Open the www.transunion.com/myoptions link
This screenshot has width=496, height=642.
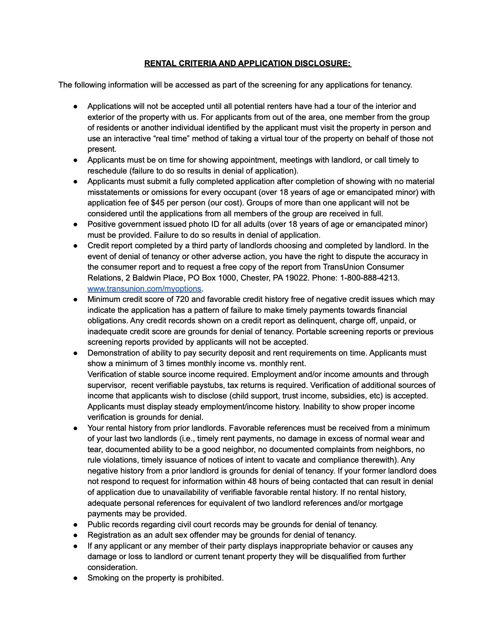[x=144, y=289]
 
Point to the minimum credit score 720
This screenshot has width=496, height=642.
[x=182, y=300]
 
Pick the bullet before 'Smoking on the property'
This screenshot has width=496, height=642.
[x=76, y=578]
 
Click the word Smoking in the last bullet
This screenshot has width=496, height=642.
[x=102, y=578]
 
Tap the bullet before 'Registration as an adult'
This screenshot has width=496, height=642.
[x=76, y=535]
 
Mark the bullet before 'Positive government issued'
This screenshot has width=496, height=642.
[x=76, y=225]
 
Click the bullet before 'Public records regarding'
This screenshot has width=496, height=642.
[x=76, y=524]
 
